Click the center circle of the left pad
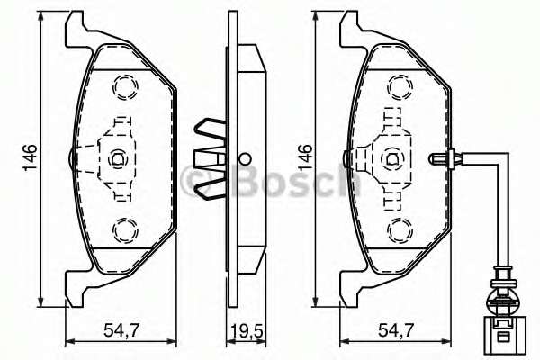117,159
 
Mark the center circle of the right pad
391,159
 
